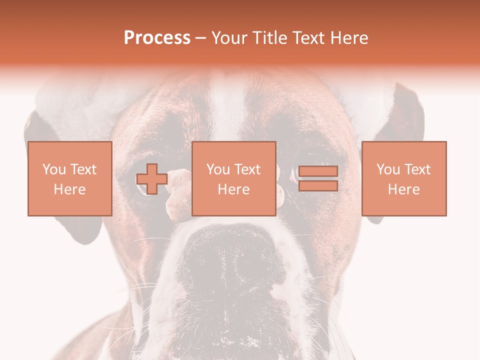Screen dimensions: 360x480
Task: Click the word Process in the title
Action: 157,38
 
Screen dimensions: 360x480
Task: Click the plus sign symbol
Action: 152,179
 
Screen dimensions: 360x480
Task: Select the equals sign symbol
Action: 318,178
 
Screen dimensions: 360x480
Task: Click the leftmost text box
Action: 69,178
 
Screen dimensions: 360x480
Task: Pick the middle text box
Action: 233,178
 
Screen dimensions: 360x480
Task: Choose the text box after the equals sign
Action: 403,178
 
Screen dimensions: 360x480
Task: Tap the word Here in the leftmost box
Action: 69,189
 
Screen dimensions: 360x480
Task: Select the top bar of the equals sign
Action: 318,171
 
